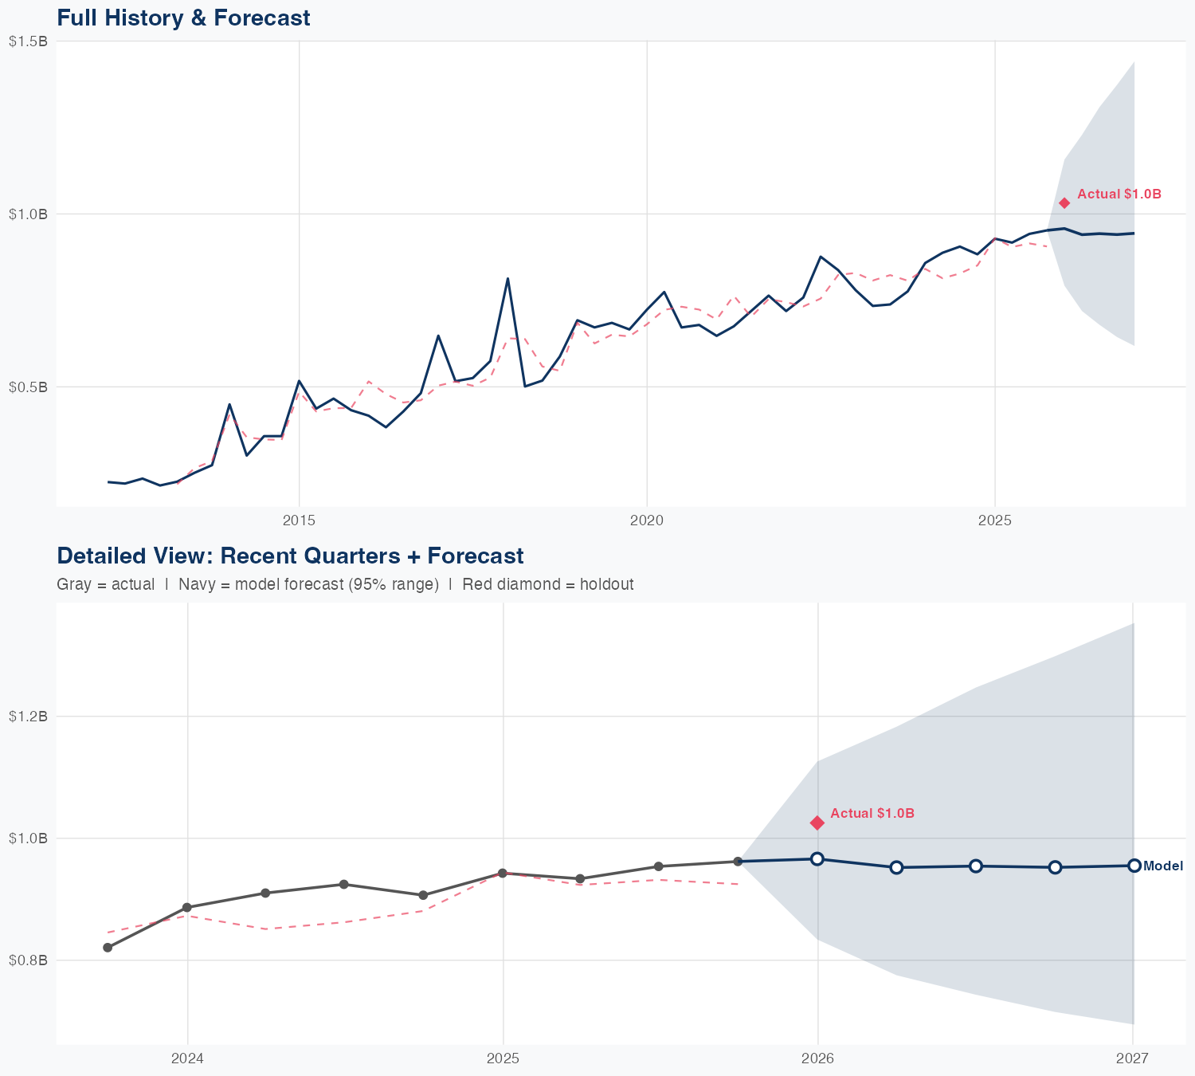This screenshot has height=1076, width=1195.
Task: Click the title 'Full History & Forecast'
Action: coord(183,18)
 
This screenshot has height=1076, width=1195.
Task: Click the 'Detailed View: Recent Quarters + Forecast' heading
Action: coord(290,556)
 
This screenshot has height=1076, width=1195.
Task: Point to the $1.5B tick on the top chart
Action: coord(28,41)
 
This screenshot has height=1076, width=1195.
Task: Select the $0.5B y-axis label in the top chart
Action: coord(28,387)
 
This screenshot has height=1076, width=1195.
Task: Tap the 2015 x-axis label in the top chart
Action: coord(299,521)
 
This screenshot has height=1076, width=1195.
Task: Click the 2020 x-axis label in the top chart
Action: coord(647,521)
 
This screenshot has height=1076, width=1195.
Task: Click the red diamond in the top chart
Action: coord(1064,203)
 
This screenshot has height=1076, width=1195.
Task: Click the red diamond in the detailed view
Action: coord(817,823)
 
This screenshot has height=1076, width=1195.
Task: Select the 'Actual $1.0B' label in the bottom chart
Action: coord(872,813)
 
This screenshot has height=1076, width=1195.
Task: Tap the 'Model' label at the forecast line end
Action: coord(1162,866)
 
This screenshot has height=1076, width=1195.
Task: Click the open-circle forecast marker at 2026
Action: coord(817,858)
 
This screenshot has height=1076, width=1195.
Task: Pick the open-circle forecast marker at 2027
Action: coord(1134,866)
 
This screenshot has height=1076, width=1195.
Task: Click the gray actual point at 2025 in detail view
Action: coord(503,874)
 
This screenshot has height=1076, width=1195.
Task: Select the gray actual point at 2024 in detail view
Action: coord(187,907)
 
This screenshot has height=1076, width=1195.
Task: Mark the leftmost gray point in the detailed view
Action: coord(108,948)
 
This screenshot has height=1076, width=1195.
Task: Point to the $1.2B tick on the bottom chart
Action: coord(28,717)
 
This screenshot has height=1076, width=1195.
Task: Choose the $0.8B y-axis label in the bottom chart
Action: coord(28,960)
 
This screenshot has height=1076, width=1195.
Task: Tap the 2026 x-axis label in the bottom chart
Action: coord(817,1058)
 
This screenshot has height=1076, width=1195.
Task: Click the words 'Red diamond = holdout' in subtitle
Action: coord(547,584)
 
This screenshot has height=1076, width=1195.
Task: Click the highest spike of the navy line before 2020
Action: coord(507,278)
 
